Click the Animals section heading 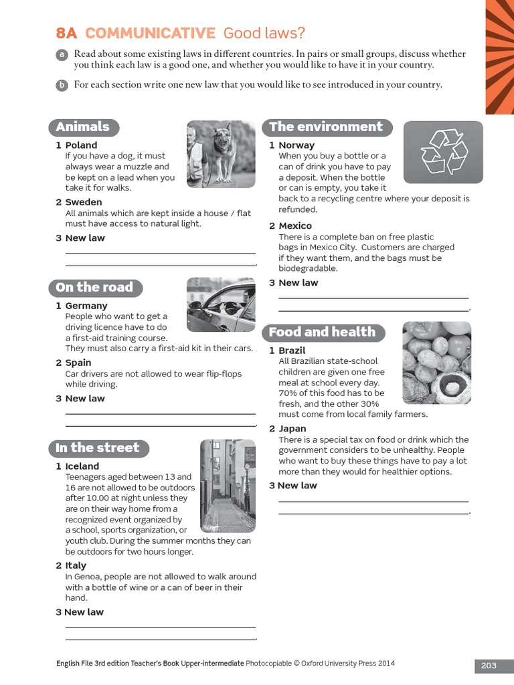(x=83, y=127)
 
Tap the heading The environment (x=326, y=127)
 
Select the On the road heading (x=94, y=288)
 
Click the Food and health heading (x=322, y=332)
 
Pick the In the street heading (x=98, y=448)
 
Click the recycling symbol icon (x=443, y=152)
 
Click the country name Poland (x=81, y=145)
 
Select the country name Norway (x=296, y=145)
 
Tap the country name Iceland (x=82, y=466)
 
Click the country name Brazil (x=292, y=351)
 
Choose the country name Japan (x=292, y=429)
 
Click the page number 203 (x=489, y=665)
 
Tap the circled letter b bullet (x=62, y=85)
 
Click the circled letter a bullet (x=62, y=54)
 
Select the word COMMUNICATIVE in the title (x=150, y=33)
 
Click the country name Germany (x=86, y=306)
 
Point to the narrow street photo (x=228, y=486)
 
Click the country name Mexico (x=295, y=226)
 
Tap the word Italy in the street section (x=76, y=566)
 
